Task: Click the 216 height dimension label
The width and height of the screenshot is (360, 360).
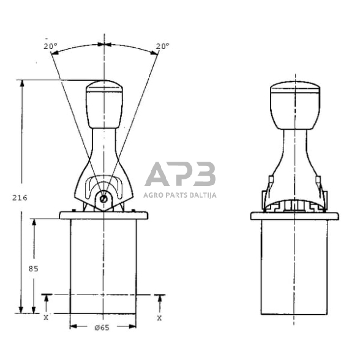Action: click(x=20, y=197)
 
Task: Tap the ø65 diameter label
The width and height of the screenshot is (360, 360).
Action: click(x=102, y=328)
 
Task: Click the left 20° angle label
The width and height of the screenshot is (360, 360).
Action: click(x=50, y=46)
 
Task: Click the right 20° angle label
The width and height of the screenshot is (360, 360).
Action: click(x=162, y=46)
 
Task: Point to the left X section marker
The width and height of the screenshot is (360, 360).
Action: click(x=46, y=318)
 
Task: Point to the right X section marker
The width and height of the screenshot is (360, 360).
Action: click(x=160, y=318)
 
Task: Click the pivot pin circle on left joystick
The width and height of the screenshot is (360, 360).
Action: click(x=104, y=198)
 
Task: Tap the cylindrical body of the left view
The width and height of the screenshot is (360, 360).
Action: click(x=104, y=263)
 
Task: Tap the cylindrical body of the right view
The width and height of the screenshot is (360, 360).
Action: click(x=294, y=263)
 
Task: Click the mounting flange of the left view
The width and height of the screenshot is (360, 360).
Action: click(x=104, y=215)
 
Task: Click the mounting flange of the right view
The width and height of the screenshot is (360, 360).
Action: click(x=294, y=216)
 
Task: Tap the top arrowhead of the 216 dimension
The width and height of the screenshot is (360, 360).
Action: click(x=23, y=83)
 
